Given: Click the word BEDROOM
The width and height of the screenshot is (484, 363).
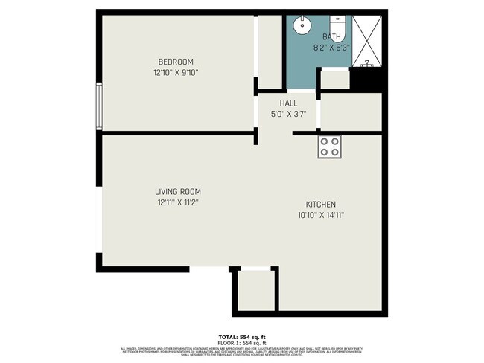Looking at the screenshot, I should [176, 61].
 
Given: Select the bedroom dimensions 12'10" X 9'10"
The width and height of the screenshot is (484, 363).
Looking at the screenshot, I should [176, 73].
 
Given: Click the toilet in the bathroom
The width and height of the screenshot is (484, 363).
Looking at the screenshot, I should [336, 22].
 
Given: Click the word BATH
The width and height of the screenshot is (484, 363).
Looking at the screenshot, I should [331, 36].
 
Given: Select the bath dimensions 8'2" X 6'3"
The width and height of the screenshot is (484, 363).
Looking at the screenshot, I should [331, 47].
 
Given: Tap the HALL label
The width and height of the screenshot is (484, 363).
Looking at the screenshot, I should [288, 103].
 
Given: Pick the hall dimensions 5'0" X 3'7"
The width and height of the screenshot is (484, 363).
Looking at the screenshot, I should [288, 115].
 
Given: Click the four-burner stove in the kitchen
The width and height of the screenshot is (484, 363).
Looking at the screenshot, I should [329, 147].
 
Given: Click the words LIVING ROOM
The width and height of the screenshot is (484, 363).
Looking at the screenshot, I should [178, 191].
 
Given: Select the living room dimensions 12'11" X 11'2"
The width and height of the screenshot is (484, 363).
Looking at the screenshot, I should [178, 202].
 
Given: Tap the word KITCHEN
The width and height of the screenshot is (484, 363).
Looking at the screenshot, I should [321, 205].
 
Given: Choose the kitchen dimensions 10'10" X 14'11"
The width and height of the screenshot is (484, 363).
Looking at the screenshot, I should [321, 216].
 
